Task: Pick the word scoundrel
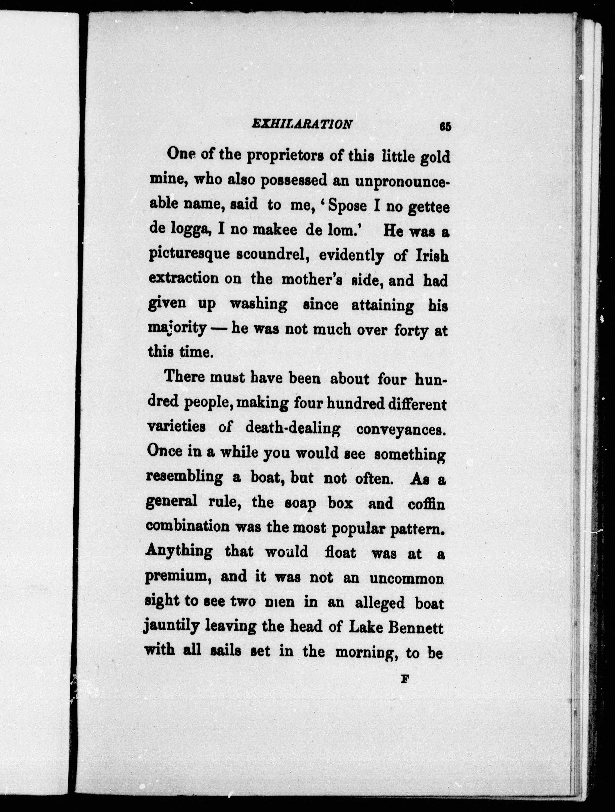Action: pyautogui.click(x=272, y=255)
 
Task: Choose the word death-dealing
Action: pyautogui.click(x=292, y=428)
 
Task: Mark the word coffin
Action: pyautogui.click(x=426, y=504)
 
